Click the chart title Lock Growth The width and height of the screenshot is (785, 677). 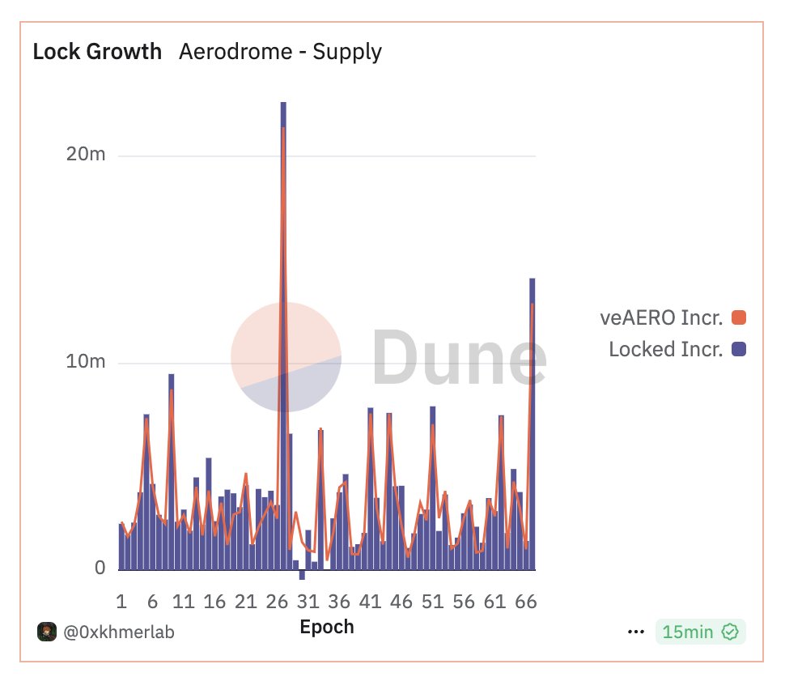click(97, 53)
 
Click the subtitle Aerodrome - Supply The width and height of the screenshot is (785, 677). click(280, 53)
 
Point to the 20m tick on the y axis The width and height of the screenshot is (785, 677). click(85, 155)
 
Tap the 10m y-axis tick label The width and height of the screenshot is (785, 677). click(85, 362)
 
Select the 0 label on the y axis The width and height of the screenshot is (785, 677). click(100, 568)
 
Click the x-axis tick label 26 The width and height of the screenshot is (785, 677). click(278, 602)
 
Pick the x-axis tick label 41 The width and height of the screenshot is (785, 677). click(370, 602)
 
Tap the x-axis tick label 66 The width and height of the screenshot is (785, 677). click(526, 602)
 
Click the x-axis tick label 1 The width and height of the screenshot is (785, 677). click(121, 602)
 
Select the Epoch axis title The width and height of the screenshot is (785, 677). click(327, 627)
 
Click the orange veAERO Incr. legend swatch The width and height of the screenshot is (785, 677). click(738, 318)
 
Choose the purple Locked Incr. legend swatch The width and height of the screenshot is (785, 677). click(738, 350)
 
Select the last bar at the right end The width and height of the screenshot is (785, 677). click(533, 421)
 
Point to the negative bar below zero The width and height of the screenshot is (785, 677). click(302, 575)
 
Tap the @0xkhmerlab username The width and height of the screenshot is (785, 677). click(119, 632)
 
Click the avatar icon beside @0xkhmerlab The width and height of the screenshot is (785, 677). click(46, 632)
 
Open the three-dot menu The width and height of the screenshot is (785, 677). click(635, 632)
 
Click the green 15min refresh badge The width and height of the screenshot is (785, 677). click(701, 632)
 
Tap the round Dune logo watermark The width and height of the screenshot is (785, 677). click(286, 356)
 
